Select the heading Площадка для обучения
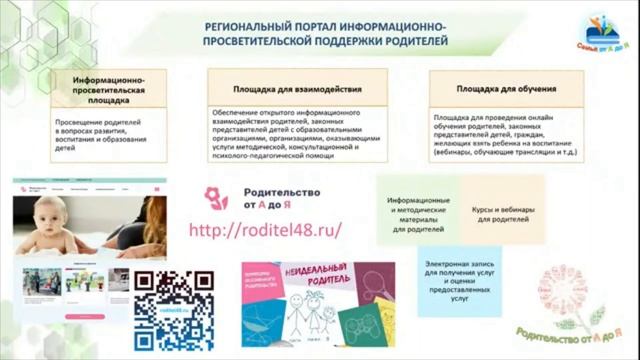[506, 89]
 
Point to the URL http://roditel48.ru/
[265, 229]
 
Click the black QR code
[174, 310]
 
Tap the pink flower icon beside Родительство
[216, 197]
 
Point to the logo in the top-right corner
[600, 32]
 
